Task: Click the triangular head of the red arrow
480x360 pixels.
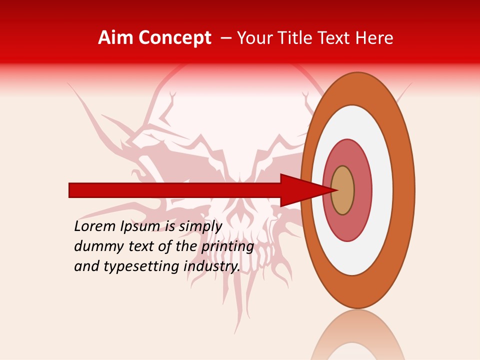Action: point(300,190)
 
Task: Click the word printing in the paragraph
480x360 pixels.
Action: point(227,246)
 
